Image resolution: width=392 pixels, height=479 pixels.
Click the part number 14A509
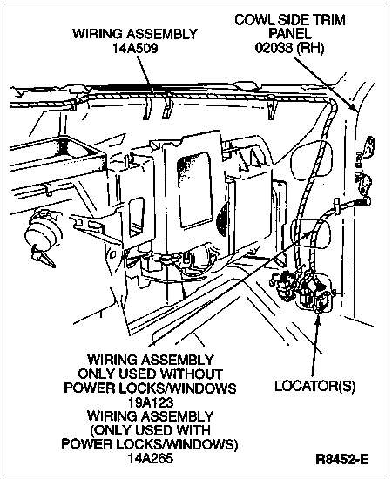(135, 48)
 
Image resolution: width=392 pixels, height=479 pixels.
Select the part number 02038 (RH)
(289, 48)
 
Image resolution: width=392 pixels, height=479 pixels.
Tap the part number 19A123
(151, 402)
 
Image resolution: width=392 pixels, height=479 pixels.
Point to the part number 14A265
(151, 458)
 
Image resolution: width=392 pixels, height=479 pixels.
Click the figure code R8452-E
(341, 459)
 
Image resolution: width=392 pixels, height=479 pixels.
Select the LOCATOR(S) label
(315, 386)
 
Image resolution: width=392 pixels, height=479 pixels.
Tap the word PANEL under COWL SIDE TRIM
(289, 34)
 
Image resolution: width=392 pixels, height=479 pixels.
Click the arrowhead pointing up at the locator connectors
(318, 317)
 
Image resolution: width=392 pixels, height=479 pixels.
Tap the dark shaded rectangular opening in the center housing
(194, 189)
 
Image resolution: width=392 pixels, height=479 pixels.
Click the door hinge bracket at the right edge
(367, 168)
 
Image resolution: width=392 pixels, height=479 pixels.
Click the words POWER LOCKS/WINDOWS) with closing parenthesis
(150, 444)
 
